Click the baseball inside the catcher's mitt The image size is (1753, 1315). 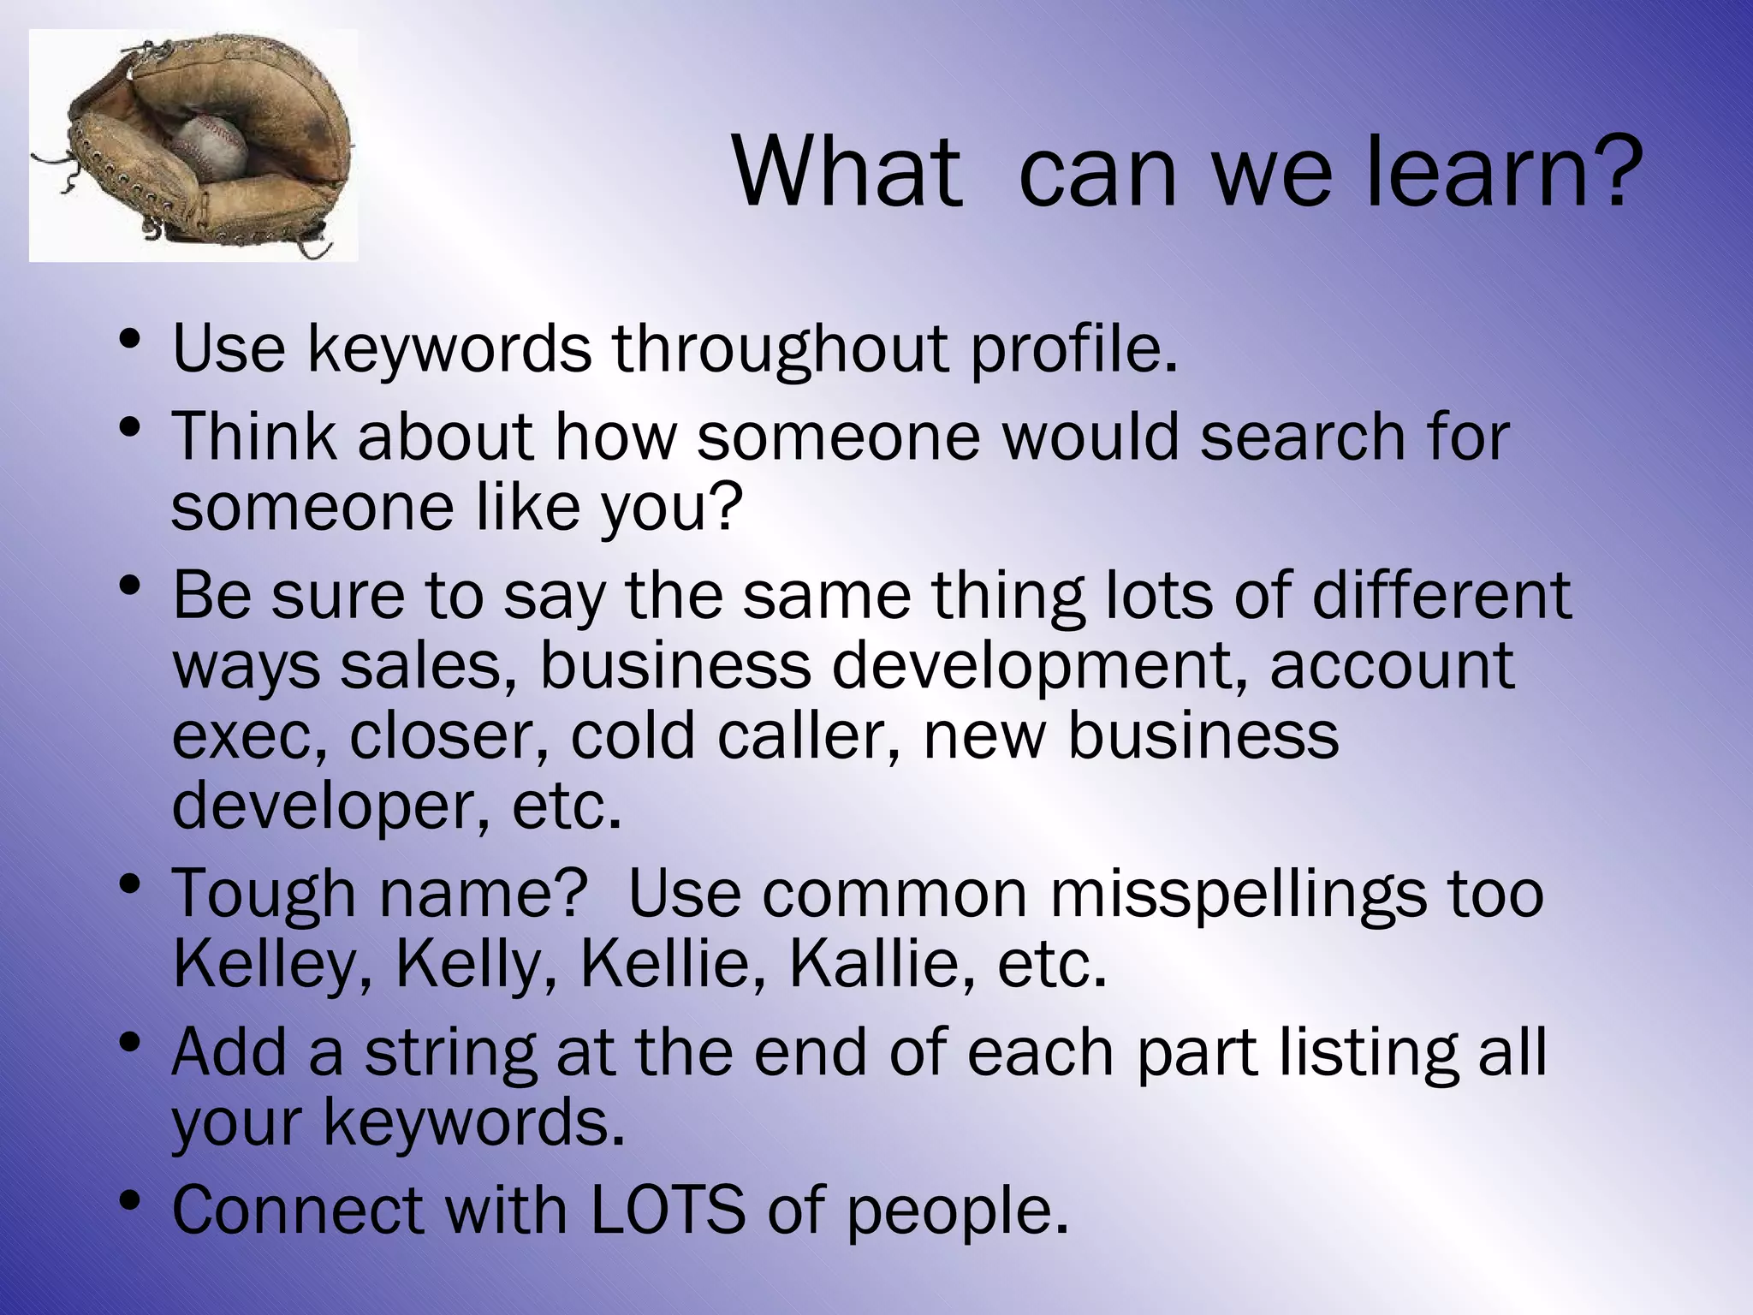coord(211,147)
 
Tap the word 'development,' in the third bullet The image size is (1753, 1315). coord(1039,666)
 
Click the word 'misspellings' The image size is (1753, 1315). coord(1238,894)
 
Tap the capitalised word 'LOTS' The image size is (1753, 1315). coord(668,1211)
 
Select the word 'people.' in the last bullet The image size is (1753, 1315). coord(958,1211)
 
